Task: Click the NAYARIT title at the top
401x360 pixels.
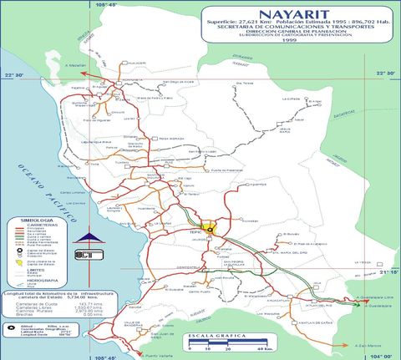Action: (287, 15)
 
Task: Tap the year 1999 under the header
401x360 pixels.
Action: (288, 40)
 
